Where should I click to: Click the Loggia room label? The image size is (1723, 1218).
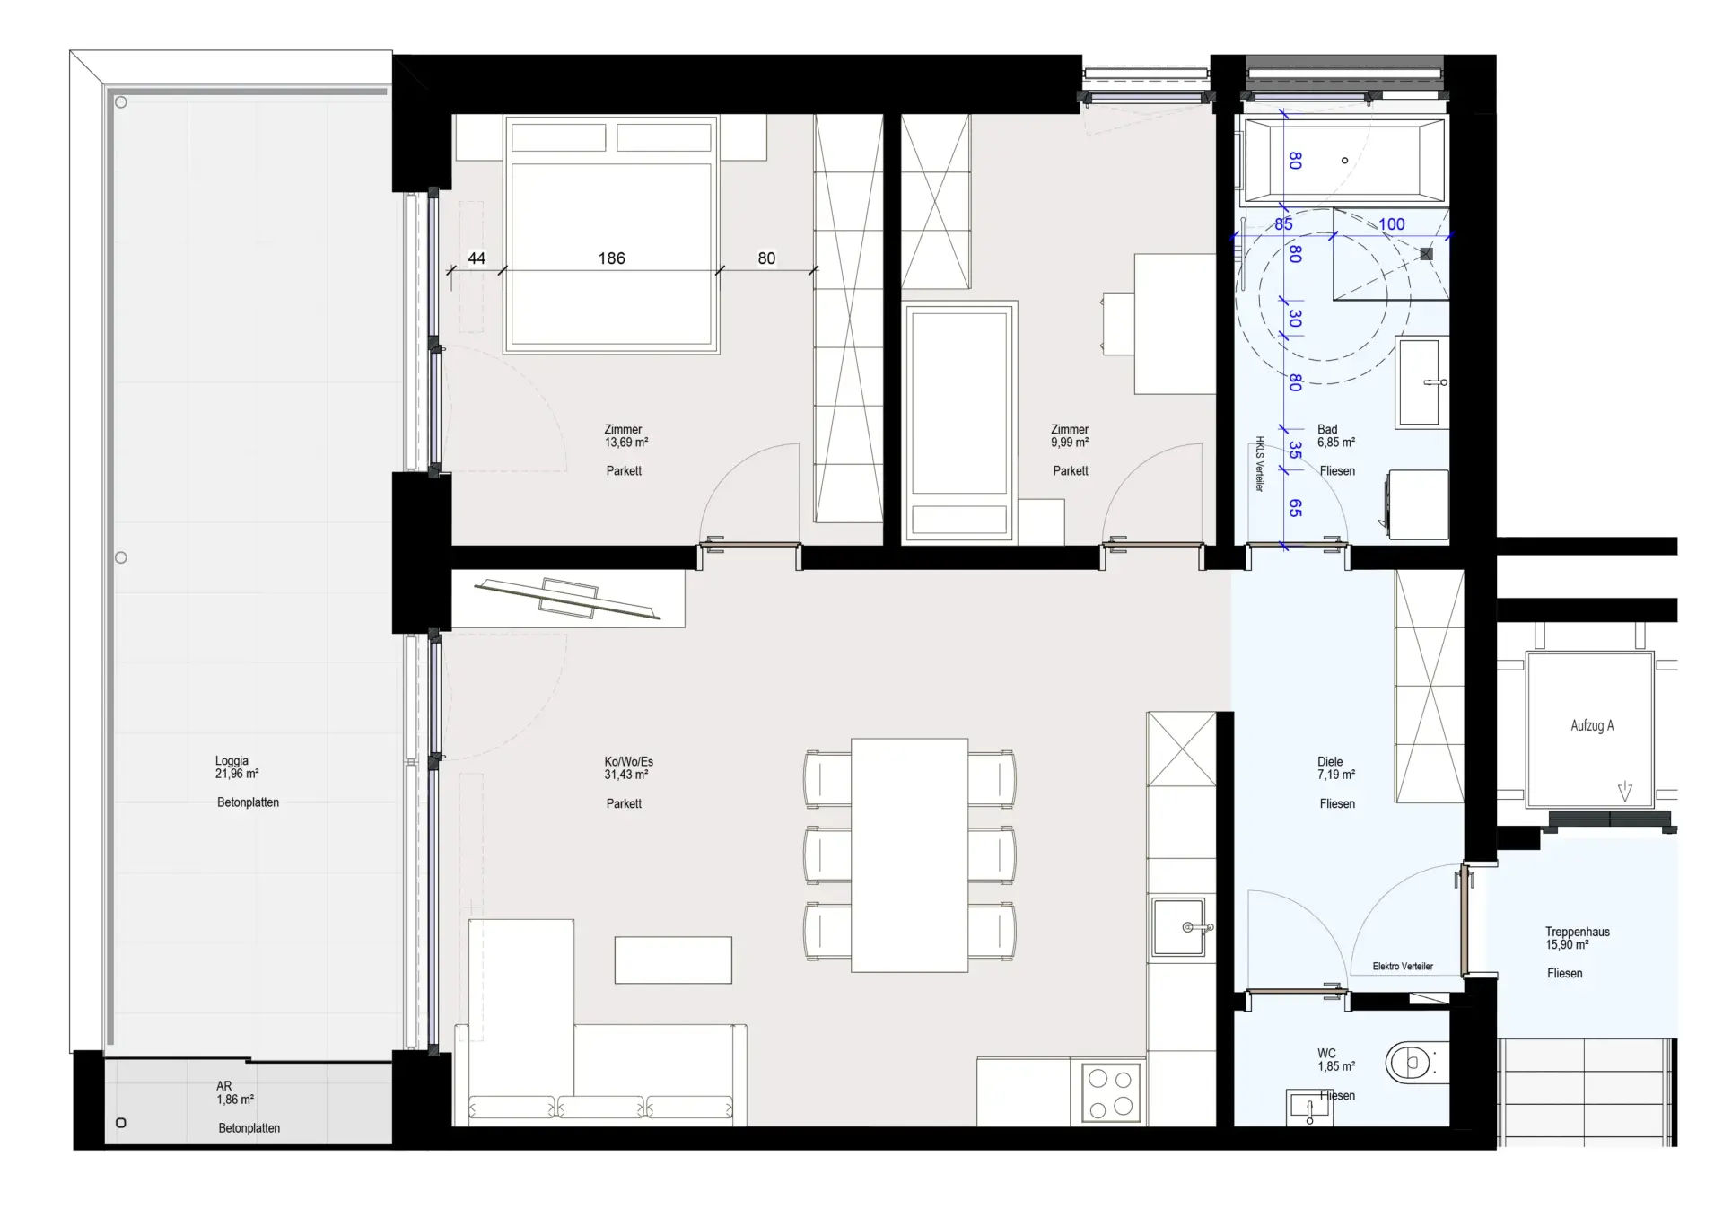pyautogui.click(x=232, y=760)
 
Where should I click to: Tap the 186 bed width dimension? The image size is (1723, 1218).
pyautogui.click(x=611, y=258)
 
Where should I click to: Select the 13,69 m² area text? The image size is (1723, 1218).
pyautogui.click(x=626, y=443)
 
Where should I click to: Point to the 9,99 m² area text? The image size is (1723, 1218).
pyautogui.click(x=1070, y=443)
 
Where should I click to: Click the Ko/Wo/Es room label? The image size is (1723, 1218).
pyautogui.click(x=628, y=762)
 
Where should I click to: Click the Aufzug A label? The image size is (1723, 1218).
pyautogui.click(x=1592, y=725)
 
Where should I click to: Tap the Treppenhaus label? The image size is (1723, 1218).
pyautogui.click(x=1577, y=932)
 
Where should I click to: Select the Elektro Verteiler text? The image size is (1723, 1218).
pyautogui.click(x=1403, y=967)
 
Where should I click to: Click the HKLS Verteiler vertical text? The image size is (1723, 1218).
pyautogui.click(x=1259, y=464)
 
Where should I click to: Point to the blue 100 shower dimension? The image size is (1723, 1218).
pyautogui.click(x=1391, y=224)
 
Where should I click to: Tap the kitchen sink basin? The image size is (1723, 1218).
pyautogui.click(x=1180, y=927)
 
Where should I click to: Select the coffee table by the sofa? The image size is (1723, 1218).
pyautogui.click(x=673, y=960)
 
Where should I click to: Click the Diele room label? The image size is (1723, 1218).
pyautogui.click(x=1330, y=762)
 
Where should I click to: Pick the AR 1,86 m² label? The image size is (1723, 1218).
pyautogui.click(x=234, y=1092)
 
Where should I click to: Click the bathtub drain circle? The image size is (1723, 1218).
pyautogui.click(x=1344, y=161)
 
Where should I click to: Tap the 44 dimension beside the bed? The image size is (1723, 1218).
pyautogui.click(x=477, y=258)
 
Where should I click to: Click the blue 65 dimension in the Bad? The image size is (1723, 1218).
pyautogui.click(x=1295, y=508)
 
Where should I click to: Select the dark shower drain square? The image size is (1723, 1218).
pyautogui.click(x=1427, y=254)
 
